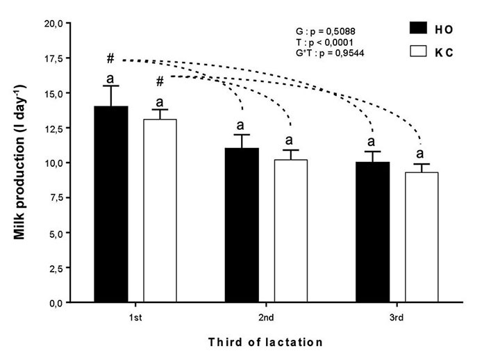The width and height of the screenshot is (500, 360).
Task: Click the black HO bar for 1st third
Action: pyautogui.click(x=111, y=204)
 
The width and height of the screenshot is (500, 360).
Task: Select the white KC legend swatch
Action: pyautogui.click(x=418, y=51)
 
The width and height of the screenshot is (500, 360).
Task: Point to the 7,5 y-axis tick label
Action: pyautogui.click(x=56, y=198)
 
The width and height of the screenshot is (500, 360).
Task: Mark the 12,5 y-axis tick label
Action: pyautogui.click(x=53, y=128)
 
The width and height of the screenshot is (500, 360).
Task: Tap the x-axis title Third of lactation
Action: pyautogui.click(x=266, y=342)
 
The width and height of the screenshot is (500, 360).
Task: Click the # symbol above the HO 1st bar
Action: pyautogui.click(x=110, y=58)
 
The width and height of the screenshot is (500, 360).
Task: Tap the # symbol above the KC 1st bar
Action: pyautogui.click(x=160, y=81)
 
